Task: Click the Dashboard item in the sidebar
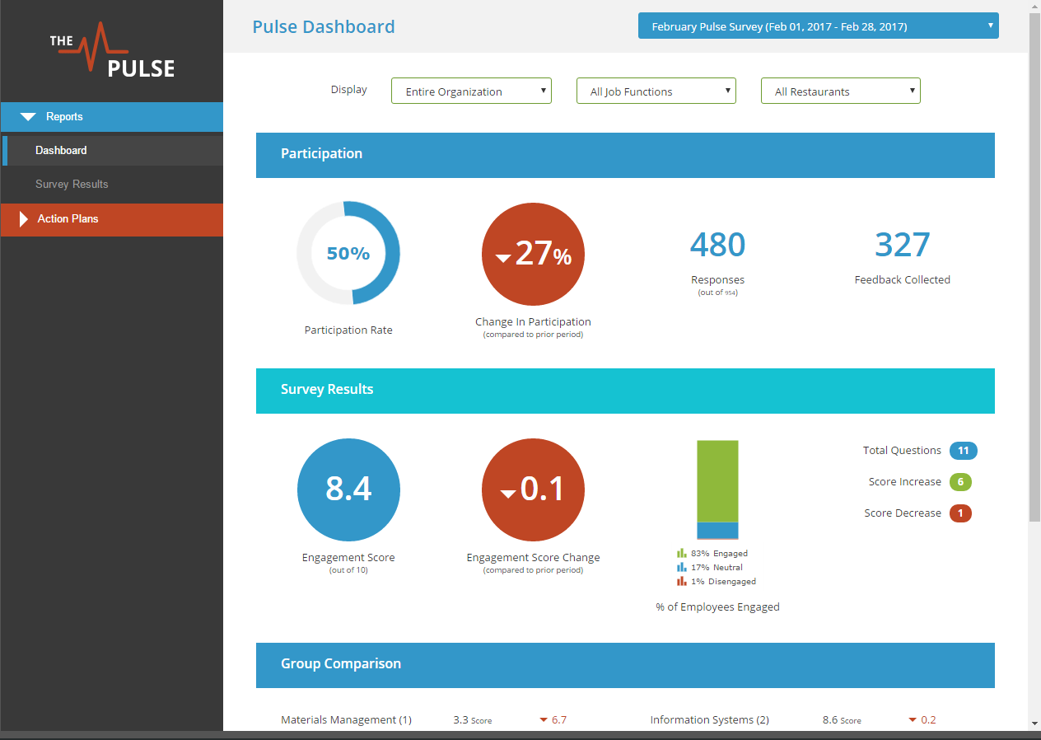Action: tap(61, 151)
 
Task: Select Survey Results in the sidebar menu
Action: tap(72, 185)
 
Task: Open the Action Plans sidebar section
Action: tap(68, 219)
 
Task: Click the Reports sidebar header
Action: tap(64, 117)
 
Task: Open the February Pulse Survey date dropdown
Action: tap(818, 26)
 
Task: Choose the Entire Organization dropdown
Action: tap(471, 91)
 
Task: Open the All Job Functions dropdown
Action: tap(656, 91)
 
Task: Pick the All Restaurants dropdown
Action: tap(840, 91)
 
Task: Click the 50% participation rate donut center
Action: tap(348, 254)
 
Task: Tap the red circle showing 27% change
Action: tap(533, 254)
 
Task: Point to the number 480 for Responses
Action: tap(717, 245)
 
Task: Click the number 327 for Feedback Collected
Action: tap(902, 245)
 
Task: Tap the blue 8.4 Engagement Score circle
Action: tap(348, 489)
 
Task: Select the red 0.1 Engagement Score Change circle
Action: tap(533, 489)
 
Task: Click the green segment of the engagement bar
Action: tap(717, 480)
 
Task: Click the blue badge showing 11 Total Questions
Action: tap(963, 451)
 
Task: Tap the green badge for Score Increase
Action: tap(960, 482)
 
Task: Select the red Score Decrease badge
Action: tap(960, 513)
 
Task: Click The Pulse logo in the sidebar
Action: tap(112, 51)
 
